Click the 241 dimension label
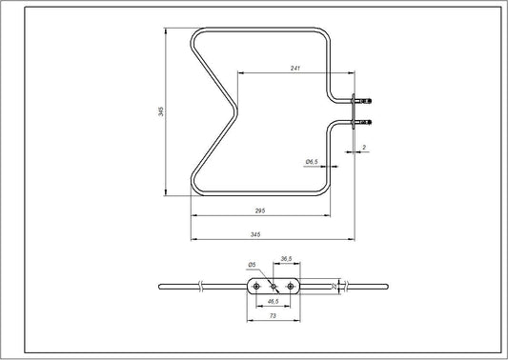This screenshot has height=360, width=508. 297,67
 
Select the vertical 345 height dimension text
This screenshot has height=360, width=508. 161,113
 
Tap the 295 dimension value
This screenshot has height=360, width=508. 259,210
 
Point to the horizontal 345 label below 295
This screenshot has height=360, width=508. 256,233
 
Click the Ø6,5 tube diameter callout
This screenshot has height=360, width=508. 312,162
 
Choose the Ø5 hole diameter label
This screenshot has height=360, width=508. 252,264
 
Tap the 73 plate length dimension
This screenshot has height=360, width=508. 273,315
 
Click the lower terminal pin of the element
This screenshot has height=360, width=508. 366,121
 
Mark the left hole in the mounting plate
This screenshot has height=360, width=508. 255,285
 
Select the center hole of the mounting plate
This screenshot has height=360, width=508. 273,285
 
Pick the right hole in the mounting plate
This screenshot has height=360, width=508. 290,285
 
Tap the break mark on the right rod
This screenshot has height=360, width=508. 347,285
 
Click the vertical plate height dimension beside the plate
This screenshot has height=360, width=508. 332,285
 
